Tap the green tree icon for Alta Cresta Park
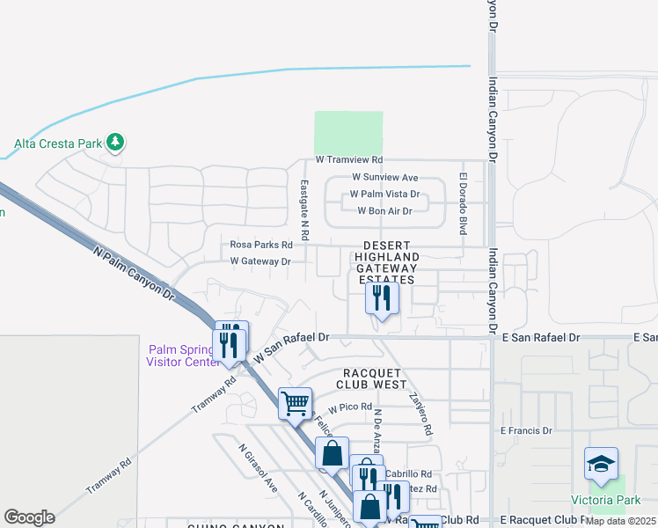(114, 141)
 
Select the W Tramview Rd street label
(349, 160)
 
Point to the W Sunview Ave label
(384, 177)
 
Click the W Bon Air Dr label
(384, 211)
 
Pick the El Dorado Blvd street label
(462, 203)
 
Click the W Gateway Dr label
(260, 261)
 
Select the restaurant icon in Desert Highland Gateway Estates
(382, 297)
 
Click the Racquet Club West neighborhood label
(371, 378)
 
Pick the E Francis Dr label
(525, 430)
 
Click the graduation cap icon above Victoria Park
(601, 464)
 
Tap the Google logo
(29, 517)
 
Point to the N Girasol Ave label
(258, 467)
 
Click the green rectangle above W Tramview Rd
(348, 133)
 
